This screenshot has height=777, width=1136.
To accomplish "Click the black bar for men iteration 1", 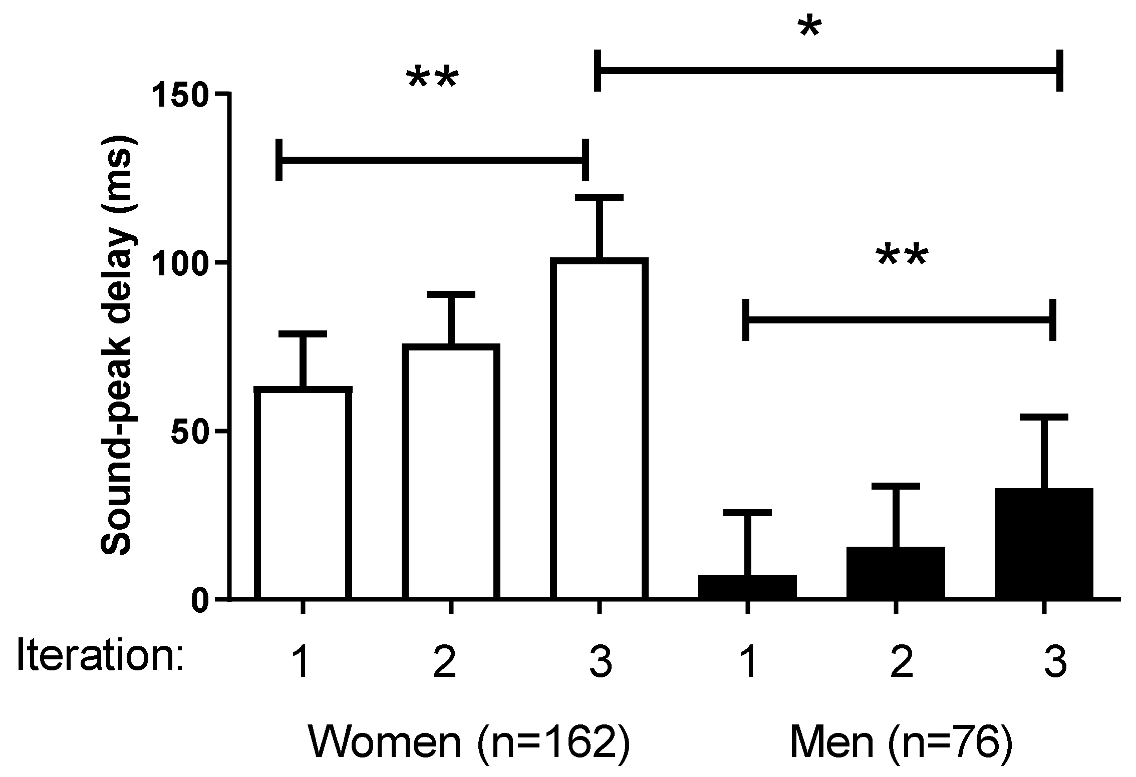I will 747,587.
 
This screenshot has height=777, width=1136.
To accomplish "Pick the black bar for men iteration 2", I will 896,573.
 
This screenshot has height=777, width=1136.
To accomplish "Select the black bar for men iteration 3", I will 1044,544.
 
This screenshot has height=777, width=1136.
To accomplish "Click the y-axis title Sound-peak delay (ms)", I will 116,345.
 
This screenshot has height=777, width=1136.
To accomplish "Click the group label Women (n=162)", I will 468,741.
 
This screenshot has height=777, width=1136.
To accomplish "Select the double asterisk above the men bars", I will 902,258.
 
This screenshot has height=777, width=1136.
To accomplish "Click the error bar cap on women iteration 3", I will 599,198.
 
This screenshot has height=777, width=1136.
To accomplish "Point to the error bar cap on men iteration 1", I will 747,513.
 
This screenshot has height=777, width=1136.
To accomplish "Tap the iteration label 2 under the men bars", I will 901,664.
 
